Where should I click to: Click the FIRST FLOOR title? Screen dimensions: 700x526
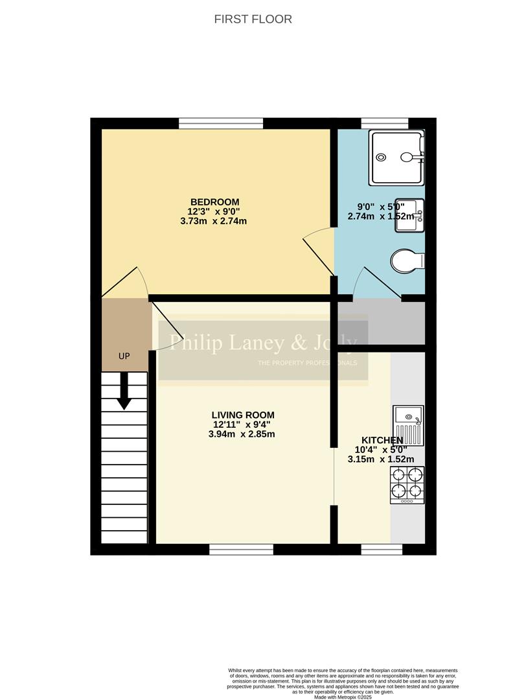pos(253,19)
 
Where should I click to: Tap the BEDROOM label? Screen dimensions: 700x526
pos(214,202)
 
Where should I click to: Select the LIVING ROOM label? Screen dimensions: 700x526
pos(243,415)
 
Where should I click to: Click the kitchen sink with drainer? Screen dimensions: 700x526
pos(407,424)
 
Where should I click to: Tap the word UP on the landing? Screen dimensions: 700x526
pos(124,356)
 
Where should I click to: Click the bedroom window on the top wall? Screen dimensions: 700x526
pos(221,123)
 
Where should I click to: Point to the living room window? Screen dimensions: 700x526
pos(241,550)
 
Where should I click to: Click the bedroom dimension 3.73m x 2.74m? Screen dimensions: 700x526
pos(214,221)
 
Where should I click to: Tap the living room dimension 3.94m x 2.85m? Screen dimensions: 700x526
pos(243,434)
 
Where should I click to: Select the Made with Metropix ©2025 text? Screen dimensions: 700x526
pos(343,697)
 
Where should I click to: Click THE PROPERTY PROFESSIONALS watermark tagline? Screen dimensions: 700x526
pos(307,363)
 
